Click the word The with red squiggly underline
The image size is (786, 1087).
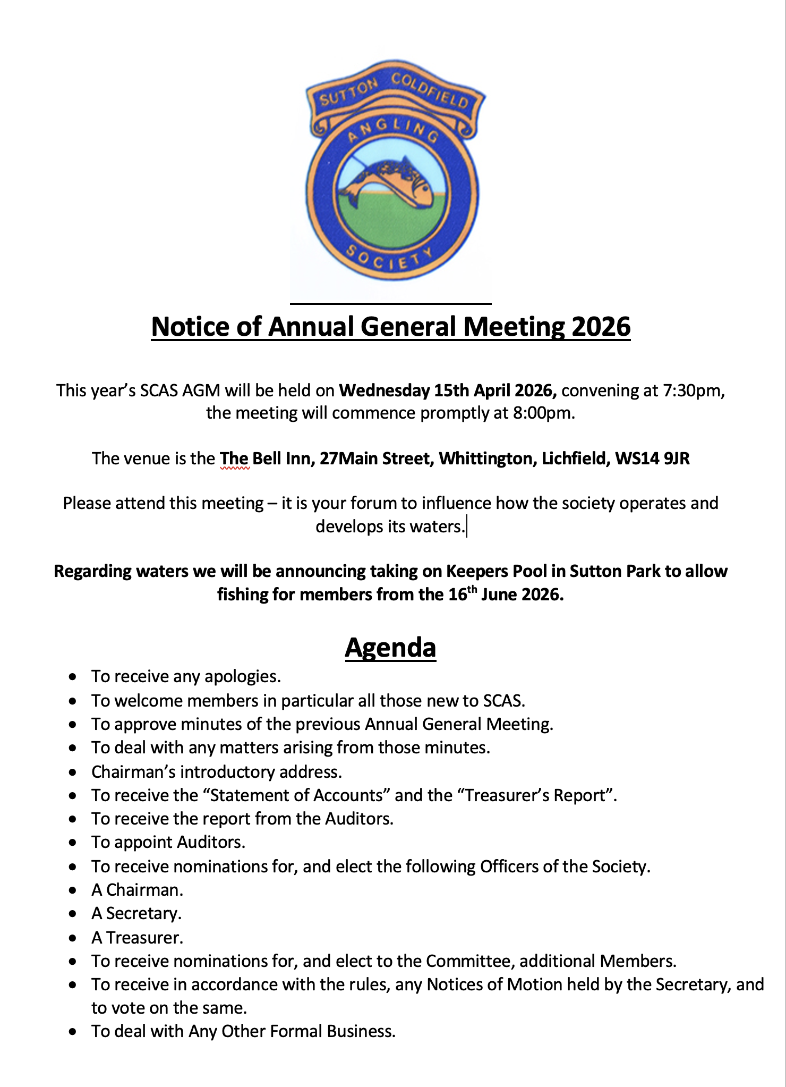click(x=234, y=458)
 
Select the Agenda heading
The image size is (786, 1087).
click(x=390, y=647)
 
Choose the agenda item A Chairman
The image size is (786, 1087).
click(x=137, y=890)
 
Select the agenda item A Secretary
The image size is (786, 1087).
click(x=136, y=913)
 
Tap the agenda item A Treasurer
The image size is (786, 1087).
click(x=137, y=937)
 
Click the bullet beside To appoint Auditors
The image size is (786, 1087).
click(x=73, y=843)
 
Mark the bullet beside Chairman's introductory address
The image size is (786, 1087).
click(x=73, y=772)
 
